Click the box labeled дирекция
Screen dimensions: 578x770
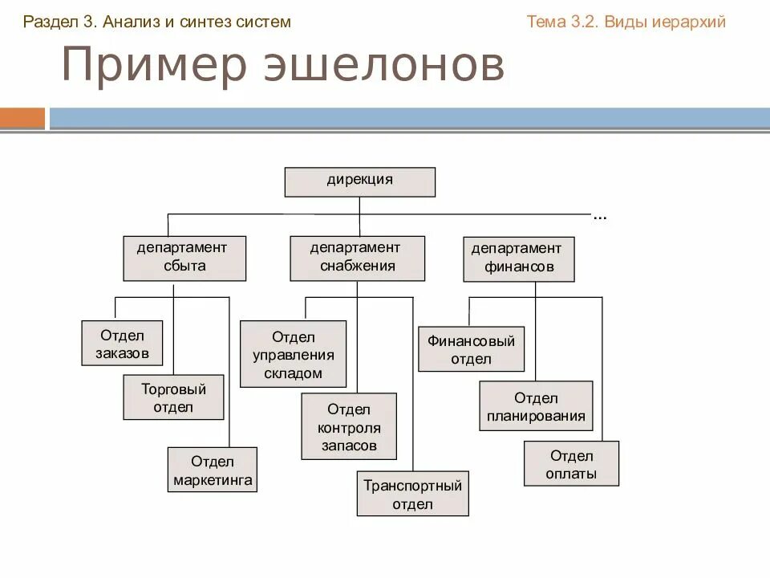(360, 181)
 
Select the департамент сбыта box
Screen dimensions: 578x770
(184, 258)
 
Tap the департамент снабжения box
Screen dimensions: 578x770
(358, 258)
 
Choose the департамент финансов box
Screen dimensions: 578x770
(519, 259)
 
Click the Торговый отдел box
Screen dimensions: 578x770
(173, 397)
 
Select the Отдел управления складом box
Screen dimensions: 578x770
(294, 354)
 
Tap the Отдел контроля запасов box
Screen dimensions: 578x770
(349, 426)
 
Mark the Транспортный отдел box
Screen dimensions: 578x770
(413, 494)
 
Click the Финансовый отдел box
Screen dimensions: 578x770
(471, 349)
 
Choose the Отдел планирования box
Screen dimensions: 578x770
(536, 406)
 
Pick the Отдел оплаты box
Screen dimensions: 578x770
(571, 464)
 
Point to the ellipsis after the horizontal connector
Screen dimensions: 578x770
(600, 217)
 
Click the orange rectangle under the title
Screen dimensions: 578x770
(22, 118)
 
